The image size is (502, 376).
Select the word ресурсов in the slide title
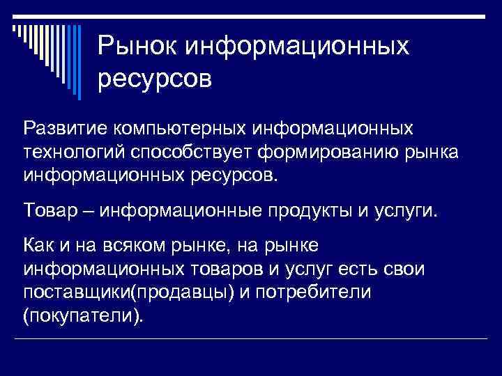click(154, 78)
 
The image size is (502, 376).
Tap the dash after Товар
click(91, 210)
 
